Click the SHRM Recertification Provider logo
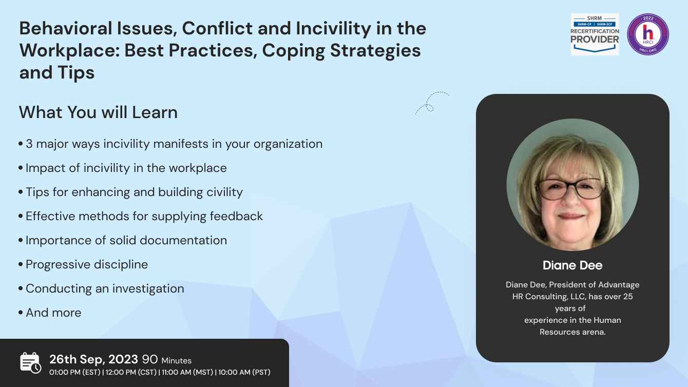(x=595, y=34)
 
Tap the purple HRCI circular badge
(x=648, y=34)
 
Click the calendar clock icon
(x=30, y=363)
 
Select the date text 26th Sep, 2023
(x=93, y=359)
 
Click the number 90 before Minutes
(x=150, y=359)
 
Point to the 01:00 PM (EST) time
(x=75, y=372)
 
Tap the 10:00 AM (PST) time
(x=244, y=372)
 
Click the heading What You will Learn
(x=98, y=112)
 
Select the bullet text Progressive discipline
(x=87, y=264)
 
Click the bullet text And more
(x=53, y=313)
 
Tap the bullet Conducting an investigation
(x=105, y=289)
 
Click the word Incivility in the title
(x=333, y=28)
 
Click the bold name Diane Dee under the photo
(x=572, y=265)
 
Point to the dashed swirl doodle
(x=432, y=103)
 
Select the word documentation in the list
(x=183, y=241)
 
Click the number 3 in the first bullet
(x=29, y=144)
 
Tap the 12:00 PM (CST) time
(x=131, y=372)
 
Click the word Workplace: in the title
(x=69, y=51)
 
